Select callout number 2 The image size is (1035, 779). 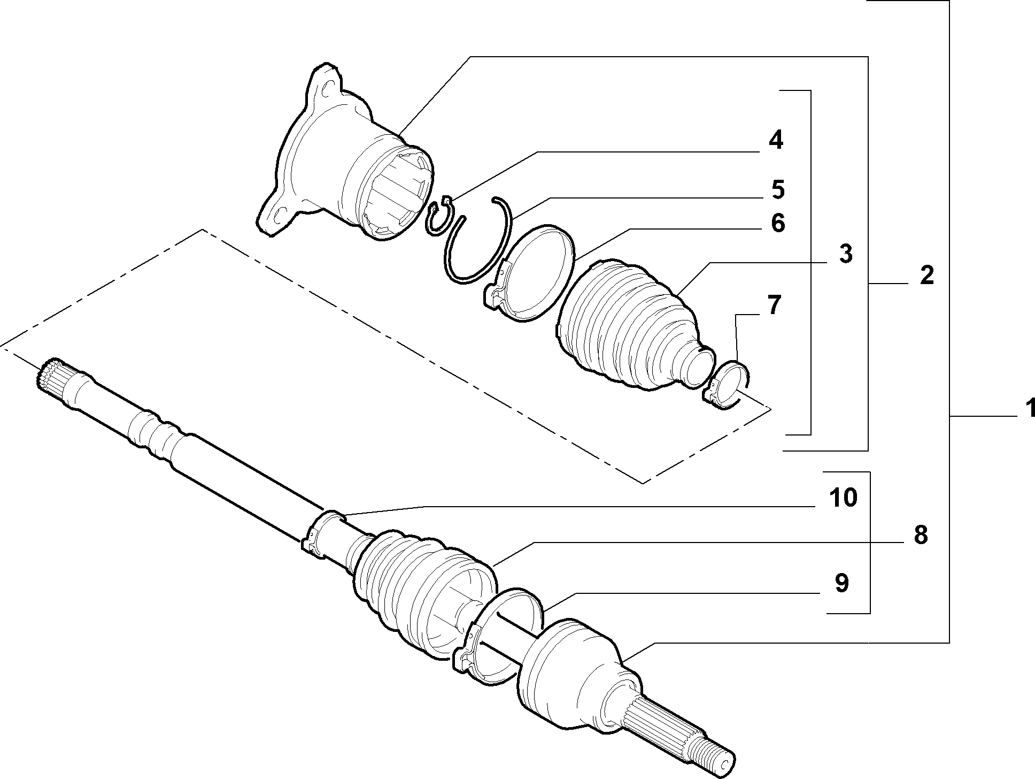(x=926, y=276)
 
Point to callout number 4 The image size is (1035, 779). (x=776, y=140)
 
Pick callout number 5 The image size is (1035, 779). (x=777, y=189)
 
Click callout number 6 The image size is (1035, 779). (x=777, y=223)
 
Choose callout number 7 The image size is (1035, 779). (x=774, y=305)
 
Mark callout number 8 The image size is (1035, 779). (x=920, y=535)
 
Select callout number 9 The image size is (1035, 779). (x=841, y=583)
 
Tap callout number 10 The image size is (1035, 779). (x=843, y=498)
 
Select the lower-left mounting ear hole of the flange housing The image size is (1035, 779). (x=277, y=217)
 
